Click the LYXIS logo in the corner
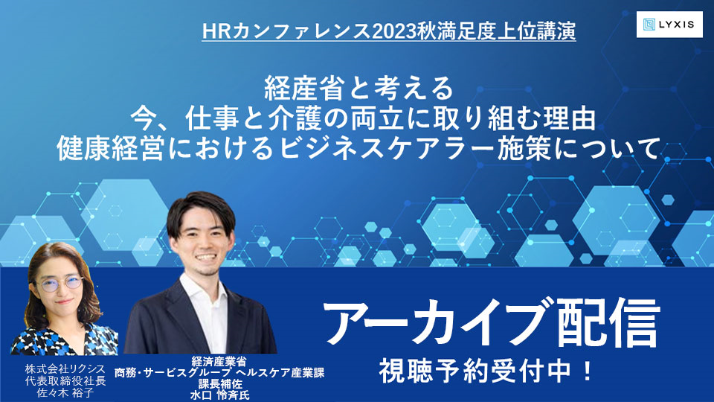[x=669, y=24]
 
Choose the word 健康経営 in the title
[x=111, y=150]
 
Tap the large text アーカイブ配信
[x=492, y=321]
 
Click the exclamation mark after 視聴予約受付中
[x=587, y=371]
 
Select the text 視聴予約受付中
[x=475, y=371]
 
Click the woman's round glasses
[x=60, y=284]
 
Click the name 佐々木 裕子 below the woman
[x=65, y=393]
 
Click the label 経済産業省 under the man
[x=219, y=362]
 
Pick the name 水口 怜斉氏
[x=220, y=395]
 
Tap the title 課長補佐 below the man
[x=220, y=384]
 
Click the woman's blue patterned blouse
[x=64, y=338]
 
